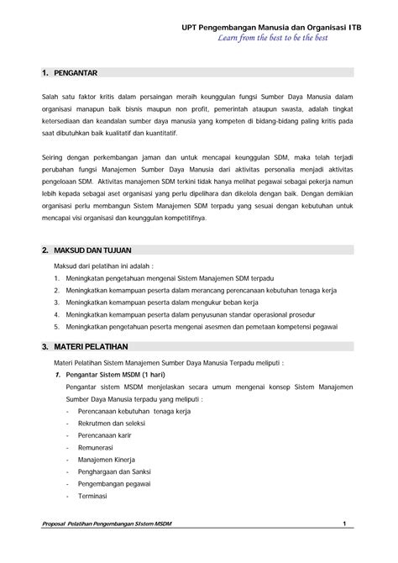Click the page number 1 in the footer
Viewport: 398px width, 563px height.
pos(344,525)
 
